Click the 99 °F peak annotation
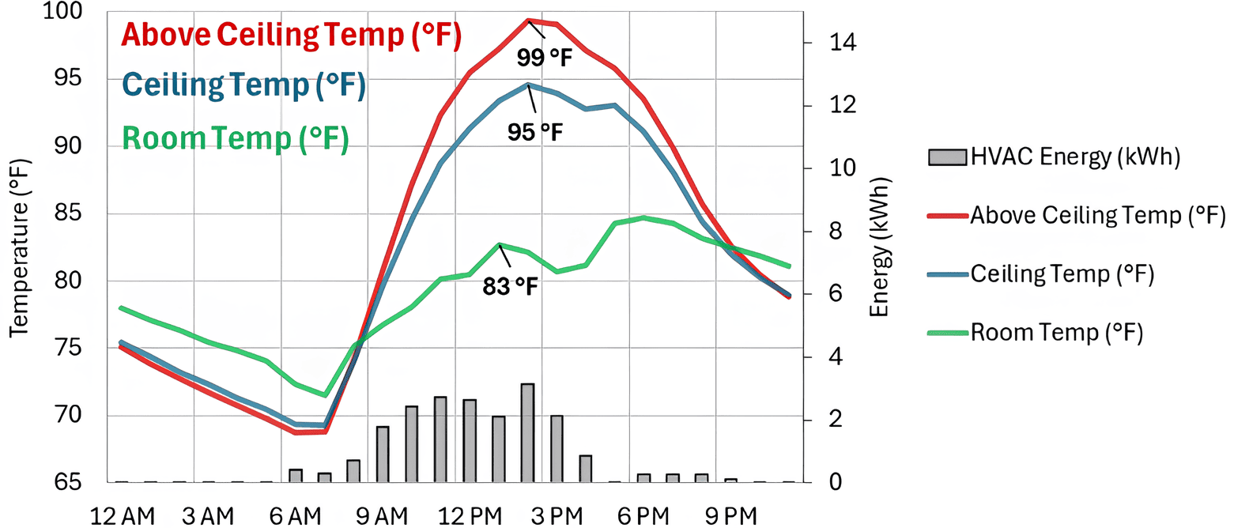click(x=544, y=57)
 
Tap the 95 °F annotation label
click(x=534, y=132)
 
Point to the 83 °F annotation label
click(x=510, y=286)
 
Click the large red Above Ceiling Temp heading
click(x=291, y=36)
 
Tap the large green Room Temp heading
click(x=235, y=138)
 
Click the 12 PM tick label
click(x=470, y=516)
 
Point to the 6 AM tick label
click(x=295, y=516)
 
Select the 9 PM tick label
click(x=730, y=516)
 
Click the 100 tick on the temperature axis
click(x=62, y=11)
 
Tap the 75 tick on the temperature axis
click(x=67, y=348)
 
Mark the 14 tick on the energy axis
click(x=842, y=43)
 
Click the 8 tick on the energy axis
click(x=836, y=231)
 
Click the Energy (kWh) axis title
click(x=879, y=247)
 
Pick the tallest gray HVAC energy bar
click(x=527, y=432)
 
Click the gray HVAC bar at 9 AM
click(x=383, y=454)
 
